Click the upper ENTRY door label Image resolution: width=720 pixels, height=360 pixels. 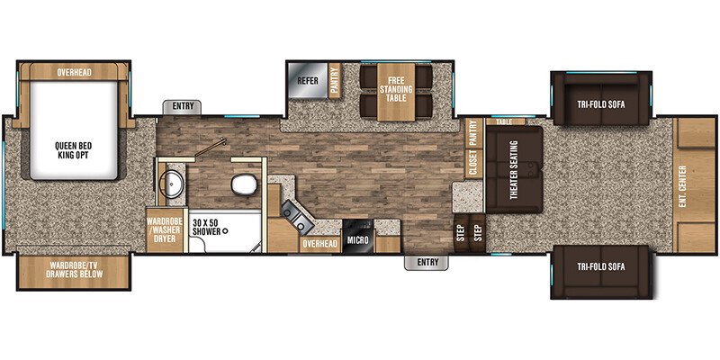click(183, 107)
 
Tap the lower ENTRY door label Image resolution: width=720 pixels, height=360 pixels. click(426, 263)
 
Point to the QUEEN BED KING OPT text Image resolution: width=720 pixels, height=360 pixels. click(74, 150)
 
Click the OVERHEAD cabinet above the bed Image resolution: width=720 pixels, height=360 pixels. click(75, 72)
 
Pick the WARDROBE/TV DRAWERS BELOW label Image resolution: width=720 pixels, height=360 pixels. click(74, 269)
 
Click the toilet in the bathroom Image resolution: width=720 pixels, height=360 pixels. click(241, 186)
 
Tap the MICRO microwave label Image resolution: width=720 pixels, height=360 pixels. click(358, 242)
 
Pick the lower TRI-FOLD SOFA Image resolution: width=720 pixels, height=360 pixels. click(600, 267)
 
